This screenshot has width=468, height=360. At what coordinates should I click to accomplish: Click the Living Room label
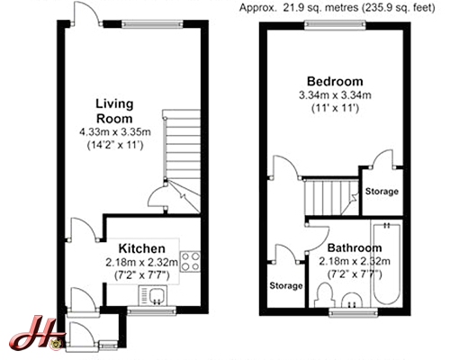pos(114,111)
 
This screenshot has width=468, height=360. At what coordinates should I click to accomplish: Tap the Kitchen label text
pos(142,248)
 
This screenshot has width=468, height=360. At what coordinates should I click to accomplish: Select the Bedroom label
pos(335,81)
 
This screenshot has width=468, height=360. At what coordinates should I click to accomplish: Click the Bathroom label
pos(355,247)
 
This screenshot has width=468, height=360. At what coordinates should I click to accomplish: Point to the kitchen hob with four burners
pos(190,262)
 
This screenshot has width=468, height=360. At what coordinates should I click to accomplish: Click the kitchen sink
pos(153,295)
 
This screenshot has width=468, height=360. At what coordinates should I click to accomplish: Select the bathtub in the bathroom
pos(386,263)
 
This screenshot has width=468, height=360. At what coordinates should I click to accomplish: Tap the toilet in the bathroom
pos(324,295)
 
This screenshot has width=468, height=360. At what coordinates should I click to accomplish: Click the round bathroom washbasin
pos(352,300)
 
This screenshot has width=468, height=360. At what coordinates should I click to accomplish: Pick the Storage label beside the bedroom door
pos(382,192)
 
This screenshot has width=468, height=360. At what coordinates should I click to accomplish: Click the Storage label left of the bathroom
pos(286,285)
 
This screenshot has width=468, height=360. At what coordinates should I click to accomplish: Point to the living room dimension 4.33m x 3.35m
pos(115,131)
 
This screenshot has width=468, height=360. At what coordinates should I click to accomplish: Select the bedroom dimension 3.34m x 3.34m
pos(335,95)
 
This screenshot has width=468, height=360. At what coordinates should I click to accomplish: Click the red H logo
pos(37,333)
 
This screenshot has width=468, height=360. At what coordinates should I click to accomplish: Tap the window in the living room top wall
pos(152,24)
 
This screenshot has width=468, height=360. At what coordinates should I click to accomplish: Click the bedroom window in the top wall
pos(335,25)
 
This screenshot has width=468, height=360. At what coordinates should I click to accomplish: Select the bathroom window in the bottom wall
pos(353,312)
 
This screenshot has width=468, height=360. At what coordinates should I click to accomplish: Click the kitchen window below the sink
pos(151,310)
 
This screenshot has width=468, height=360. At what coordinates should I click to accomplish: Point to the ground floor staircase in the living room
pos(181,161)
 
